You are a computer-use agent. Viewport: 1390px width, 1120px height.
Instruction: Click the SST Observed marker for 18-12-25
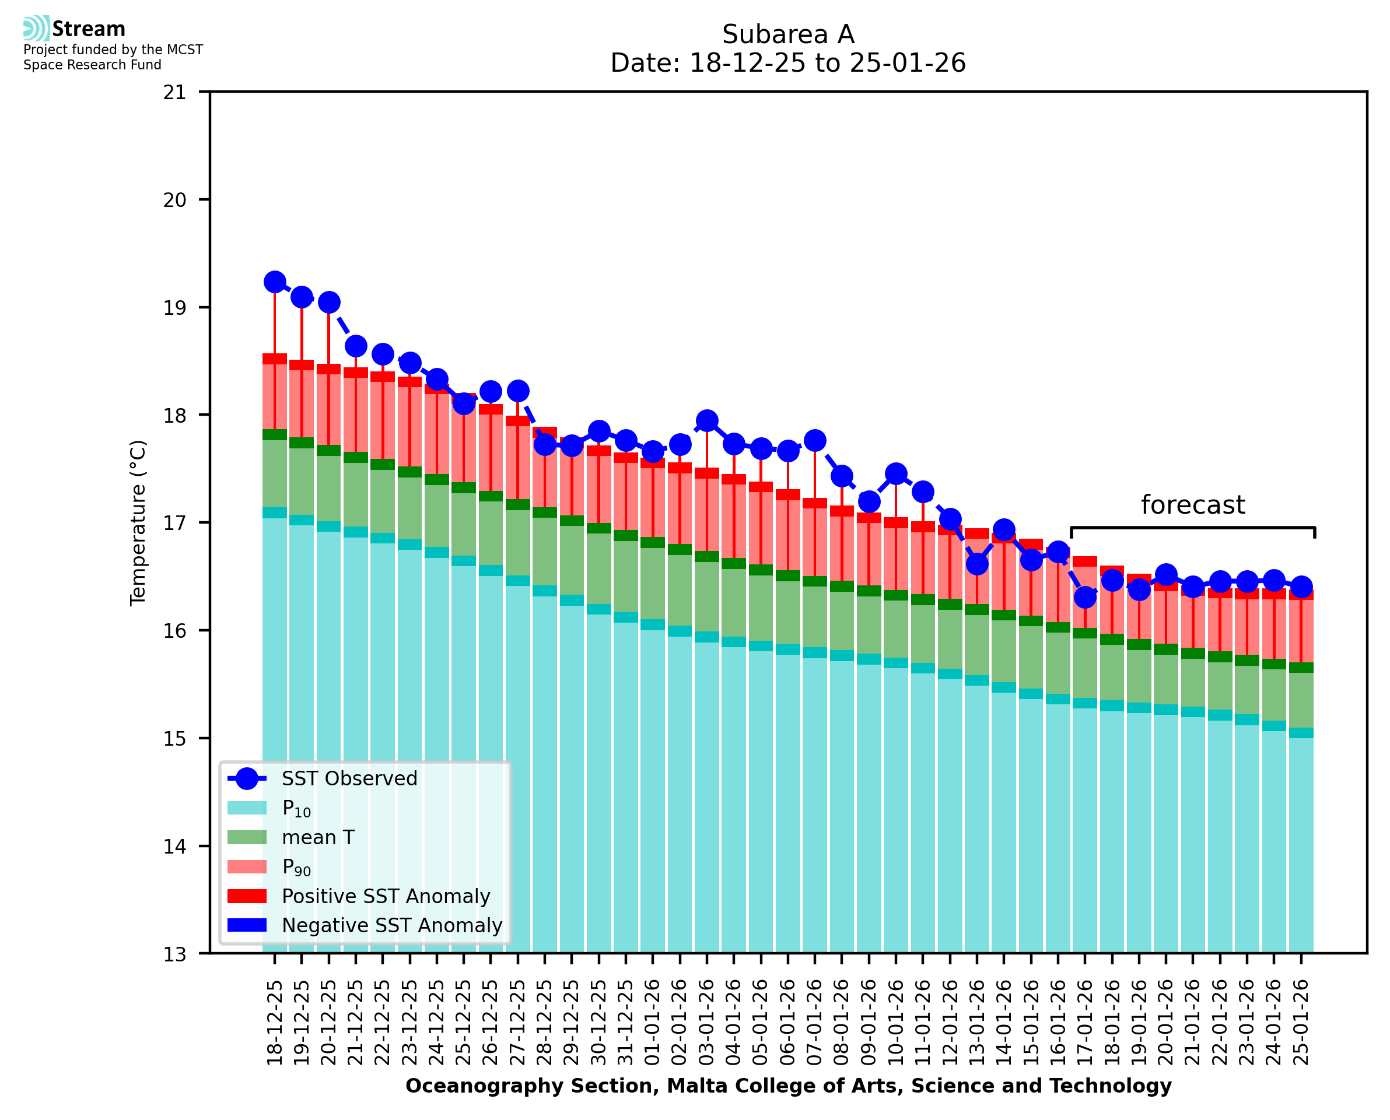(275, 282)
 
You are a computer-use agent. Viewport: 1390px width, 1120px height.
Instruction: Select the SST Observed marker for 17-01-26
(1085, 598)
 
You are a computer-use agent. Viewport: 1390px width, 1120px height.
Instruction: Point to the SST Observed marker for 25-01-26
(1301, 587)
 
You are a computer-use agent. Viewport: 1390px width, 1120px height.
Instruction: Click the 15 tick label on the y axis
(174, 738)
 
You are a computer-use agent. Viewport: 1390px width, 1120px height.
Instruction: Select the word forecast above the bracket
(1192, 504)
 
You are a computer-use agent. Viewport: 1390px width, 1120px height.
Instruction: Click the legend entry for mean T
(318, 837)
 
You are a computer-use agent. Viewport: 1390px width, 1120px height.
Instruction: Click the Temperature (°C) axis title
(138, 522)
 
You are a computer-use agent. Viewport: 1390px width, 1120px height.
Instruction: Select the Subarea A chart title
(788, 34)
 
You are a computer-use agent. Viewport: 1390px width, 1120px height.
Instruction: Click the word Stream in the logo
(89, 29)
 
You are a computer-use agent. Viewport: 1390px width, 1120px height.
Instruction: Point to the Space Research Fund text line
(92, 65)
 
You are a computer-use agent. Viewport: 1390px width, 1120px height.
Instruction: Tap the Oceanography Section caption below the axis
(788, 1086)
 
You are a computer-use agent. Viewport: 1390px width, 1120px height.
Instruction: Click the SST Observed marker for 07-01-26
(814, 441)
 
